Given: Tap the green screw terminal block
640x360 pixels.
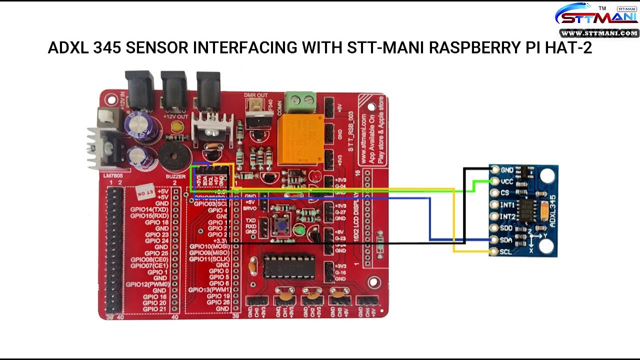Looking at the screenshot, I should pos(300,99).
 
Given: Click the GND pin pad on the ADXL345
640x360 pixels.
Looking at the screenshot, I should pos(495,170).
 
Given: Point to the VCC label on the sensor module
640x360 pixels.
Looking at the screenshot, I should pos(506,181).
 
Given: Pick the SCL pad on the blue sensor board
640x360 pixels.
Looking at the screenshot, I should pos(495,251).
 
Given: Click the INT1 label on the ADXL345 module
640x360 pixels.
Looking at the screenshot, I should pos(507,205).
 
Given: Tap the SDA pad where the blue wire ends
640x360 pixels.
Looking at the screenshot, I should pos(495,240).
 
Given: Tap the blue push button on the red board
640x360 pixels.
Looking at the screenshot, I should pos(281,225).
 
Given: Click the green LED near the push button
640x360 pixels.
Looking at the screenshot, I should pos(299,229).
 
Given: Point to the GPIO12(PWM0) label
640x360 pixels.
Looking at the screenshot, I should pos(148,284).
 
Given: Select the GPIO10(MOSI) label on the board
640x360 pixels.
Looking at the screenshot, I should pos(209,246).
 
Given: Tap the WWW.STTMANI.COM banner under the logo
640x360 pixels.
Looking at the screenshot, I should pos(599,33).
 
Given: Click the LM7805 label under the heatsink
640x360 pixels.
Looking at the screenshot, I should pos(113,176).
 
